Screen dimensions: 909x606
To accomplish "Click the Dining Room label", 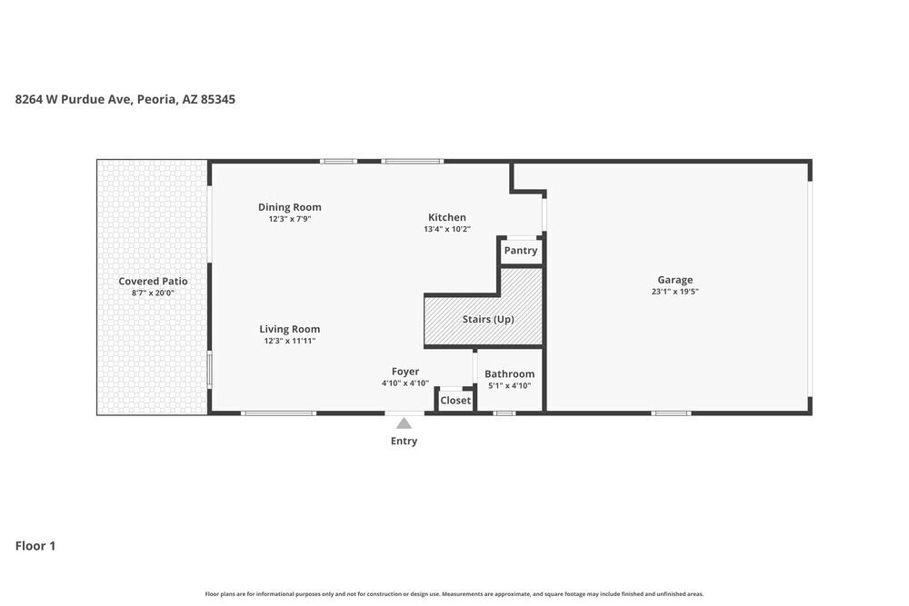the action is pyautogui.click(x=289, y=207).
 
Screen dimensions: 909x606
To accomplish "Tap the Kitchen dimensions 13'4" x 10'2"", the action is pyautogui.click(x=447, y=229).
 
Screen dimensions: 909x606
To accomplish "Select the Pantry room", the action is pyautogui.click(x=521, y=250).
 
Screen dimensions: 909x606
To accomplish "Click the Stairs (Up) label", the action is pyautogui.click(x=488, y=319).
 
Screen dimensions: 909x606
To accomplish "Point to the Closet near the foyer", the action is pyautogui.click(x=455, y=401).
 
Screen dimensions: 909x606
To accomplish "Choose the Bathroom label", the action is pyautogui.click(x=510, y=373).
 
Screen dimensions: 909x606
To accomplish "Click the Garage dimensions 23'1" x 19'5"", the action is pyautogui.click(x=674, y=292).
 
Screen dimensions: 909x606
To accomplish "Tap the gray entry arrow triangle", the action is pyautogui.click(x=405, y=422).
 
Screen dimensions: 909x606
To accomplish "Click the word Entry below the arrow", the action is pyautogui.click(x=405, y=441).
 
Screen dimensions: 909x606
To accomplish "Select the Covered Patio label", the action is pyautogui.click(x=153, y=281).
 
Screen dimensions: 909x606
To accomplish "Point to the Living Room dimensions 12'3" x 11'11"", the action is pyautogui.click(x=290, y=341).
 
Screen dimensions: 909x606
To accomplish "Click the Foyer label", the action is pyautogui.click(x=405, y=372).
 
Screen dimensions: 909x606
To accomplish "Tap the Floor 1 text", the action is pyautogui.click(x=35, y=546).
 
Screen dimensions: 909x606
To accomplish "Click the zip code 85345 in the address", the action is pyautogui.click(x=218, y=99).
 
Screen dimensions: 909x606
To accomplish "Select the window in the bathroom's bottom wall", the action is pyautogui.click(x=504, y=413).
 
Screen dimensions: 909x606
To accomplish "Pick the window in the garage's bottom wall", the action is pyautogui.click(x=672, y=413).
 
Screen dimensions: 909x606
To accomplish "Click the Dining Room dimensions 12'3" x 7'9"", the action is pyautogui.click(x=290, y=219).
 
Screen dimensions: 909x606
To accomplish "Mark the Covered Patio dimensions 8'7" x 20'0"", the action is pyautogui.click(x=153, y=293).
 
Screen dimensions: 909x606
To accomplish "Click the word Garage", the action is pyautogui.click(x=674, y=280).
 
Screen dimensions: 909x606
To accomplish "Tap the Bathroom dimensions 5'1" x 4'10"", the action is pyautogui.click(x=510, y=386).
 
